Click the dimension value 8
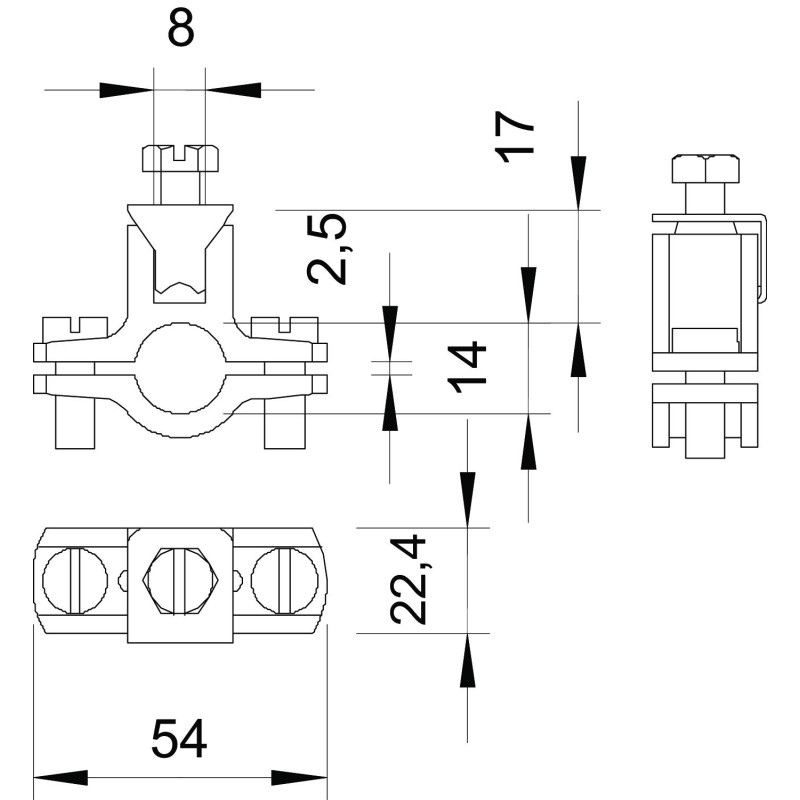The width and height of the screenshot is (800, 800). click(181, 28)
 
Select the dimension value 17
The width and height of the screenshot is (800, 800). click(514, 136)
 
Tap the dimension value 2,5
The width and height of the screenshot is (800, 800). click(327, 248)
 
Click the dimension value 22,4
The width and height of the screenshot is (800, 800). click(408, 579)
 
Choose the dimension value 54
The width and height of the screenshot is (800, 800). click(179, 739)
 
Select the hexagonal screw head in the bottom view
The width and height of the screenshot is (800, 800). click(181, 582)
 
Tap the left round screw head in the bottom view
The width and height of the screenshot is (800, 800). click(75, 581)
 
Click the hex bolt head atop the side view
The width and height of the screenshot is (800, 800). click(706, 168)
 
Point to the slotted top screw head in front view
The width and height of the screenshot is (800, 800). click(180, 159)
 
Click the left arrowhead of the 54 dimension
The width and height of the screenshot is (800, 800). click(61, 778)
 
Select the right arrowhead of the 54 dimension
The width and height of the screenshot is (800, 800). click(299, 778)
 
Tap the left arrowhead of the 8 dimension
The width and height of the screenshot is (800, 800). click(127, 90)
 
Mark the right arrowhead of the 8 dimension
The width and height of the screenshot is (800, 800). click(233, 90)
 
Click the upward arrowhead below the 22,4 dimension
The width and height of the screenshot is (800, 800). click(467, 660)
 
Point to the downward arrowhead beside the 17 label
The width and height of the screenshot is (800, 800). click(578, 183)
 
